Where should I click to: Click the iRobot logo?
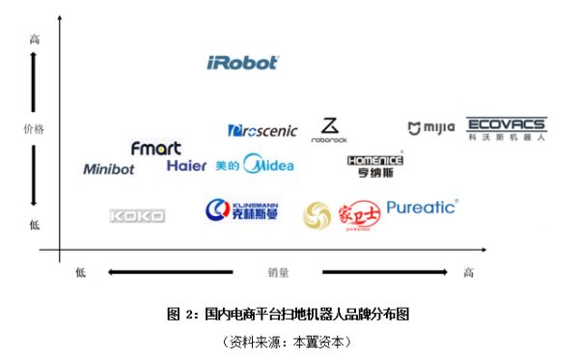(x=243, y=63)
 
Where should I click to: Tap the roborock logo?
(x=330, y=130)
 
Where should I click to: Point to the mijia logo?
(x=430, y=128)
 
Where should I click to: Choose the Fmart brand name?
(x=155, y=148)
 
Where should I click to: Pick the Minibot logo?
(x=109, y=169)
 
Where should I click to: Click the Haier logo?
(x=186, y=166)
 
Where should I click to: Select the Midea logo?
(x=256, y=165)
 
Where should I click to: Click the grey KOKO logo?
(x=137, y=216)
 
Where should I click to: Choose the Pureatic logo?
(x=422, y=207)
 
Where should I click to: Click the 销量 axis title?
(x=279, y=273)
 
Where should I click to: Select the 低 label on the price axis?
(x=35, y=225)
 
